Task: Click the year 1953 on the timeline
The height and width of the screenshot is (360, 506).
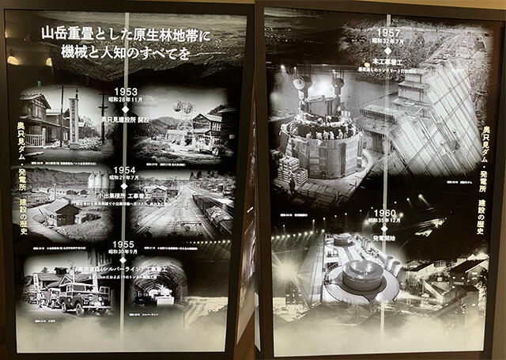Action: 125,92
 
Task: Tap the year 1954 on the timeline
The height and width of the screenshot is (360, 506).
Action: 123,169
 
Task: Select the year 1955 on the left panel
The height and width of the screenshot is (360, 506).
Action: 123,245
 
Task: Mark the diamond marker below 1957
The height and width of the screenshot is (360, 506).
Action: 387,51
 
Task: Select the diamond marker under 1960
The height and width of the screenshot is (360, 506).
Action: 386,229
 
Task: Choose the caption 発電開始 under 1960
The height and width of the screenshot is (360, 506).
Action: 387,237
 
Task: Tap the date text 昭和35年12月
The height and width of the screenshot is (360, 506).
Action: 387,222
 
